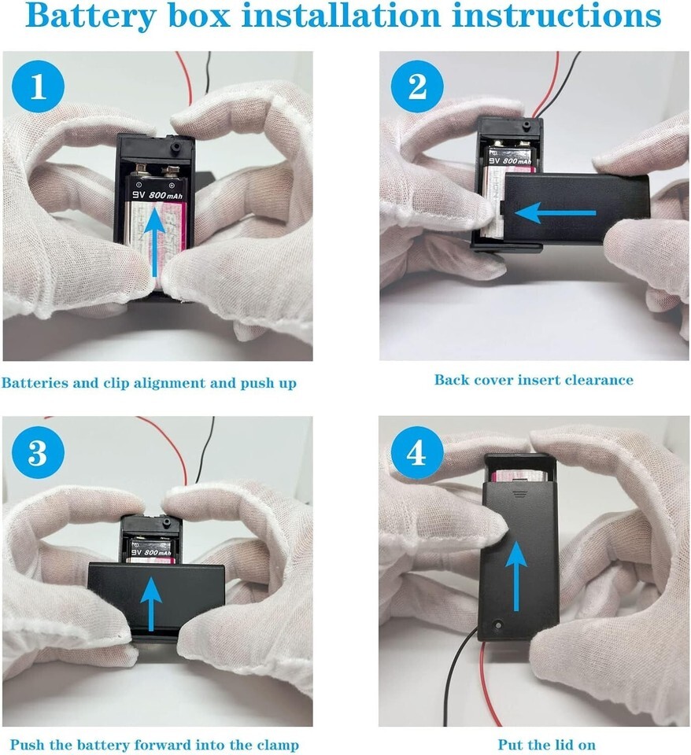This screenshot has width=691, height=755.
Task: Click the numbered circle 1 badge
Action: (x=38, y=87)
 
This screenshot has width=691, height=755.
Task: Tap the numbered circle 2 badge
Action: (x=417, y=87)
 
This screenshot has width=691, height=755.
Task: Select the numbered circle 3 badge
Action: (x=38, y=451)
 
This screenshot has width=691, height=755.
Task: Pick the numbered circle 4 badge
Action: (x=417, y=451)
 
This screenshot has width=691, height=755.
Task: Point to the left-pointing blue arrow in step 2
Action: (x=555, y=213)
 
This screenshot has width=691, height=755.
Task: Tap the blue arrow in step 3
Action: (x=152, y=604)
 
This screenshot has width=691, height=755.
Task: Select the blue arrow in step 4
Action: (x=516, y=576)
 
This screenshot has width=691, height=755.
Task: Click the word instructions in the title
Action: (x=556, y=15)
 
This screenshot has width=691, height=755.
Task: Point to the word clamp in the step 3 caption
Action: (x=278, y=746)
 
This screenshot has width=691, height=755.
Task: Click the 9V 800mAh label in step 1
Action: (x=158, y=195)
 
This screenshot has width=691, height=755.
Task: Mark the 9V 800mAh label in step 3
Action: (x=151, y=552)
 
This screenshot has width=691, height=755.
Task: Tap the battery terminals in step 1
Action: (x=157, y=169)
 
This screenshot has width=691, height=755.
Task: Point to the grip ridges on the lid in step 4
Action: (x=520, y=494)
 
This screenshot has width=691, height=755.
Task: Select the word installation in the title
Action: (x=342, y=15)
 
